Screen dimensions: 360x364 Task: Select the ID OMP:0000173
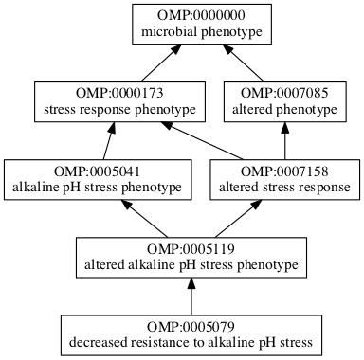click(119, 94)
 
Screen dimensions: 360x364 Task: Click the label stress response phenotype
click(119, 110)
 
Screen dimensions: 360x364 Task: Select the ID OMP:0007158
click(284, 171)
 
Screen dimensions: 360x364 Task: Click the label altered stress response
click(284, 188)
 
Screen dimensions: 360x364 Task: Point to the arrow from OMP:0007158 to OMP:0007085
click(284, 142)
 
